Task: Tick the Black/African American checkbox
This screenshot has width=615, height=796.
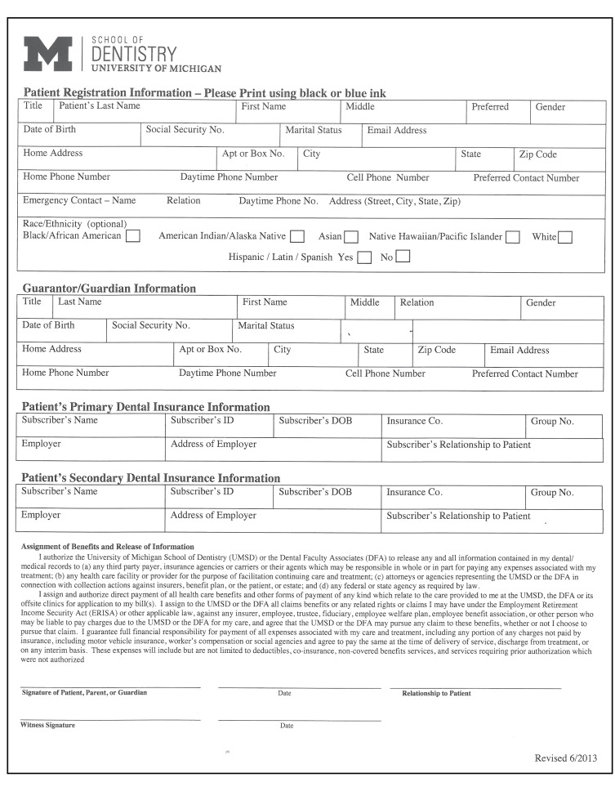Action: pyautogui.click(x=132, y=236)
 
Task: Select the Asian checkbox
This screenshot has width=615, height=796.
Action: pyautogui.click(x=351, y=237)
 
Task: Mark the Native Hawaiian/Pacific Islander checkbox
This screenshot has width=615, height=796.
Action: pyautogui.click(x=513, y=237)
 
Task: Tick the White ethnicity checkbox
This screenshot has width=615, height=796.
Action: pyautogui.click(x=565, y=237)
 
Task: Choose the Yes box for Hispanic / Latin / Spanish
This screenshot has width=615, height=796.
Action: pyautogui.click(x=365, y=257)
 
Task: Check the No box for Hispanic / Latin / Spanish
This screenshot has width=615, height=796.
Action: pyautogui.click(x=403, y=257)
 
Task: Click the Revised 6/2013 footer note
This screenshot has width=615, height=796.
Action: pyautogui.click(x=566, y=758)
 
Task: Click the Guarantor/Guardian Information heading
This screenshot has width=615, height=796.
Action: pyautogui.click(x=109, y=288)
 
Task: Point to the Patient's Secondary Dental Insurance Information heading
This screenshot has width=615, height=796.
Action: pyautogui.click(x=151, y=477)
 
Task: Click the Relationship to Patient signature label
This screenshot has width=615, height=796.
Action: pyautogui.click(x=436, y=693)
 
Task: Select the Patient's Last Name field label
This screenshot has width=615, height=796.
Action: pyautogui.click(x=100, y=106)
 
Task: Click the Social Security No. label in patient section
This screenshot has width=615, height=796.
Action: pyautogui.click(x=185, y=129)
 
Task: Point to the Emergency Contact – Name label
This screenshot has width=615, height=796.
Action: pyautogui.click(x=79, y=200)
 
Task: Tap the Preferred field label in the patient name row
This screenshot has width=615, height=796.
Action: pyautogui.click(x=490, y=107)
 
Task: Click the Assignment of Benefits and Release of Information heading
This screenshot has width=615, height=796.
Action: pyautogui.click(x=107, y=547)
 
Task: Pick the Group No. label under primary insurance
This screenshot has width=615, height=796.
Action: pyautogui.click(x=552, y=422)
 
